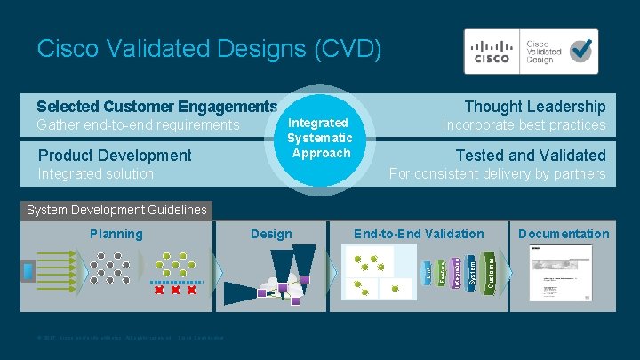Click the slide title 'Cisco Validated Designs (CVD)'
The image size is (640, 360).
tap(210, 48)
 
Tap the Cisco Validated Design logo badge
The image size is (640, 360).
tap(531, 51)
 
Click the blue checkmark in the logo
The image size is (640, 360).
tap(582, 50)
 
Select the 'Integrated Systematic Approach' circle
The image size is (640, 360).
tap(321, 139)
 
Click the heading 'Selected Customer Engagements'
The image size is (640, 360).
tap(157, 107)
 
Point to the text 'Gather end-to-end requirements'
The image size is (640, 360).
tap(138, 125)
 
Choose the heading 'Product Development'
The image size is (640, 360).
tap(115, 156)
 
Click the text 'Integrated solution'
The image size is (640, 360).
tap(96, 173)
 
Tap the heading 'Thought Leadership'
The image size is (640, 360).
tap(535, 107)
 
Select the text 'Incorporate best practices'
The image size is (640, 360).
tap(524, 125)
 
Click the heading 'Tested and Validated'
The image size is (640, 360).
tap(531, 156)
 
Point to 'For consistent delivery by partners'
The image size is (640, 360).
tap(498, 173)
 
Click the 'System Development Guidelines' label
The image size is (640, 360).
tap(116, 211)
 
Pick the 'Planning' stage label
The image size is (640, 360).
tap(116, 234)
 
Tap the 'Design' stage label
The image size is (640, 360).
tap(271, 234)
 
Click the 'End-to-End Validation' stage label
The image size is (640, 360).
tap(419, 234)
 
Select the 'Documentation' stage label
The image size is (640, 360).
tap(564, 234)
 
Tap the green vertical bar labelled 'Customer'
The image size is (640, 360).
tap(492, 271)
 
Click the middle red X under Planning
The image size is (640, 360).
tap(175, 291)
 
